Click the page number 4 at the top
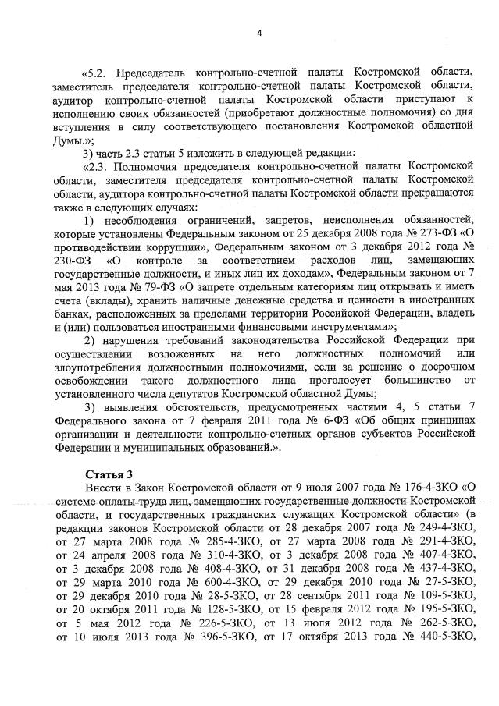coord(259,32)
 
